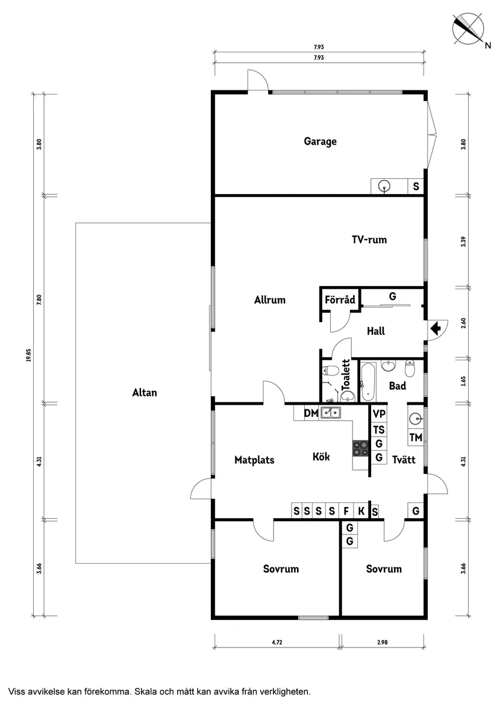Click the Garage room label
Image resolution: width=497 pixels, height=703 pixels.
tap(320, 142)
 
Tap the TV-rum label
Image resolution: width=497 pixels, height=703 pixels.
tap(369, 240)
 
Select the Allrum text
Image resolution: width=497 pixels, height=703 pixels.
tap(269, 299)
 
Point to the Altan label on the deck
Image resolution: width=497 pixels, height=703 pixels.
tap(144, 393)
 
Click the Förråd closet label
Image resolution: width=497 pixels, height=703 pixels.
tap(339, 299)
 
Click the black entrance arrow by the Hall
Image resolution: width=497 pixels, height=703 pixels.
tap(436, 328)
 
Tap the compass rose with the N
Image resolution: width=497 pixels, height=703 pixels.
tap(468, 28)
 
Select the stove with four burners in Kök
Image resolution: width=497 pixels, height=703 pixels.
tap(361, 448)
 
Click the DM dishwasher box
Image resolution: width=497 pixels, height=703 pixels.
tap(310, 413)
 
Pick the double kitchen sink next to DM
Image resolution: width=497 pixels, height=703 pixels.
tap(330, 413)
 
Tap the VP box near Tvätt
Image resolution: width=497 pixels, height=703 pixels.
tap(378, 414)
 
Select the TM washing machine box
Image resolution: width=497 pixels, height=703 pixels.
tap(416, 438)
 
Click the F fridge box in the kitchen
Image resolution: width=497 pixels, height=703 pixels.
tap(346, 511)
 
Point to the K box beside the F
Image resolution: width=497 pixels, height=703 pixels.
tap(361, 511)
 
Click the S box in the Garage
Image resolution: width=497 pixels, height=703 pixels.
tap(416, 187)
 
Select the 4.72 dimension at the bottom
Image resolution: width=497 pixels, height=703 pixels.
tap(277, 643)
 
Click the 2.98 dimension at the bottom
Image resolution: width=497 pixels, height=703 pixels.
tap(382, 643)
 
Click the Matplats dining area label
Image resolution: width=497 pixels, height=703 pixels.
tap(254, 460)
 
